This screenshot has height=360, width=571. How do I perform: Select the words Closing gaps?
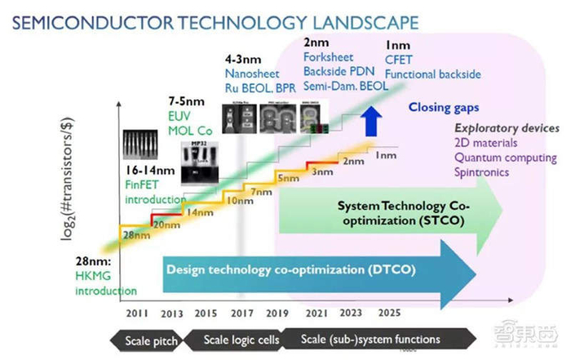(x=446, y=106)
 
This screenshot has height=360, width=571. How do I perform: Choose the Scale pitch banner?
(x=152, y=339)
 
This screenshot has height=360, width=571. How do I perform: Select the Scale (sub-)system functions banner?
(x=371, y=339)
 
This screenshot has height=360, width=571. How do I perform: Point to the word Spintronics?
(x=484, y=173)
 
